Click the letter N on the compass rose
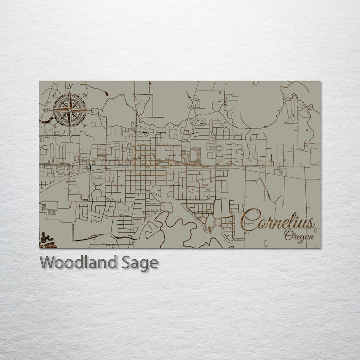pyautogui.click(x=70, y=87)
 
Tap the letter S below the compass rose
pyautogui.click(x=70, y=133)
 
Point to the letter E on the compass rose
pyautogui.click(x=93, y=110)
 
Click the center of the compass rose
pyautogui.click(x=70, y=110)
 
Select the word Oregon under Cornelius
pyautogui.click(x=299, y=236)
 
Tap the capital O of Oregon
pyautogui.click(x=288, y=235)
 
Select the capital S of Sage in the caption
pyautogui.click(x=127, y=262)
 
